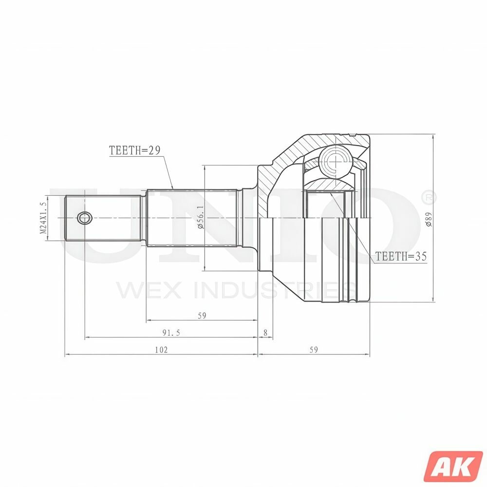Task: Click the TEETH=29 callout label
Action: coord(135,150)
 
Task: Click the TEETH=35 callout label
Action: coord(401,256)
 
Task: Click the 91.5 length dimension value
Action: coord(171,333)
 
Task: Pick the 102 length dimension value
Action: coord(161,350)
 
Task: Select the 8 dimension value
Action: coord(265,333)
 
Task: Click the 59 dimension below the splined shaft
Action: coord(202,316)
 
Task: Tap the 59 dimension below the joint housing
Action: coord(313,350)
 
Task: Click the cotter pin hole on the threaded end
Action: coord(85,218)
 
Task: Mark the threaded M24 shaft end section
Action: coord(105,218)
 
